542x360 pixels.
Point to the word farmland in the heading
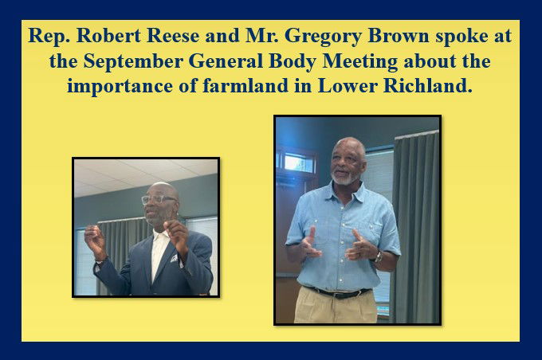[245, 85]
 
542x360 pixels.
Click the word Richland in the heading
[427, 85]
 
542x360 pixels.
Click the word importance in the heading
[120, 86]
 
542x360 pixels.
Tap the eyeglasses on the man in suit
[159, 199]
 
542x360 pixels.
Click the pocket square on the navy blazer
[174, 258]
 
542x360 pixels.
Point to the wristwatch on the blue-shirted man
[378, 256]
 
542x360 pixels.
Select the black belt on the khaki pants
[338, 292]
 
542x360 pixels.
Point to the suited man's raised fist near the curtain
[94, 238]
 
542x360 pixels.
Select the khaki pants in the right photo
[335, 305]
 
